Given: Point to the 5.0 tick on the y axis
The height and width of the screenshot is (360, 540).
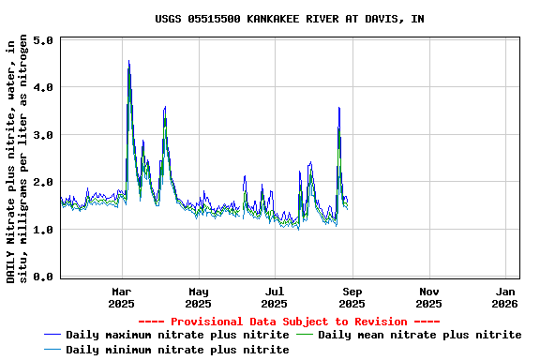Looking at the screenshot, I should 42,41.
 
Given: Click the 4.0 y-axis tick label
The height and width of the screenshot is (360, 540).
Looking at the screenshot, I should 42,88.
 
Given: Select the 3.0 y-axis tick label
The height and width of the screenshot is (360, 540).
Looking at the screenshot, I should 42,135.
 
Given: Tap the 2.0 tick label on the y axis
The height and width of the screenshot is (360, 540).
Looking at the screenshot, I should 42,182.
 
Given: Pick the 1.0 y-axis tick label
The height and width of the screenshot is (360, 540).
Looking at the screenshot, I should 42,230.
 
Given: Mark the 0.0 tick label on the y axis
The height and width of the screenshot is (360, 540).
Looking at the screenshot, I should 42,277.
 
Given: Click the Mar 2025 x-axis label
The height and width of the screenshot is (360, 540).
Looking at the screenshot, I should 122,297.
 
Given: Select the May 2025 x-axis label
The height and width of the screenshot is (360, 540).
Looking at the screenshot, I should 199,297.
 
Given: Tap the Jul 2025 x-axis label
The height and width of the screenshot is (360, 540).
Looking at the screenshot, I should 275,297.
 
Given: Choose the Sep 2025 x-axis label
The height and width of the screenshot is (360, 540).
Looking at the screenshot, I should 352,297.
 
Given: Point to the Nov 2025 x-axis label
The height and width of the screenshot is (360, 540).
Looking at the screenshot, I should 428,297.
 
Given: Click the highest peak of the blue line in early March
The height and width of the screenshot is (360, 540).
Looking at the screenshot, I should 128,62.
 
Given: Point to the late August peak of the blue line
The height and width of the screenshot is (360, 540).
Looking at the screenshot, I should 338,108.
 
